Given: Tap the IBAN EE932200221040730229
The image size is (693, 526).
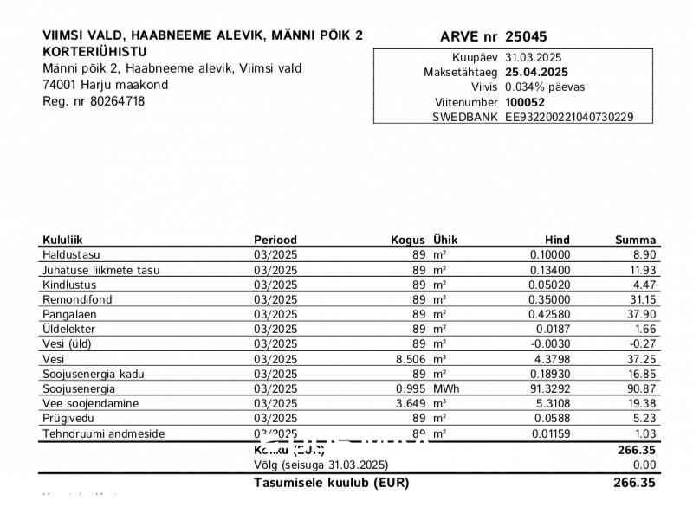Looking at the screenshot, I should coord(569,117).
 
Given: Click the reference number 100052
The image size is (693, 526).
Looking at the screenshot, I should coord(525,102).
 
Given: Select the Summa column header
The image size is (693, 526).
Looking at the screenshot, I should coord(635,240).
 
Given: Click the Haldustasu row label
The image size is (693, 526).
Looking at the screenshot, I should coord(71,255).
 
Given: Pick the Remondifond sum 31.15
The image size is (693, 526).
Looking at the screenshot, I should coord(642,299).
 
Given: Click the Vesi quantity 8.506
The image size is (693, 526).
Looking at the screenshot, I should coord(411,359).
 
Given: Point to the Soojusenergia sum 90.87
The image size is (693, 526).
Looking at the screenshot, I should coord(642,388).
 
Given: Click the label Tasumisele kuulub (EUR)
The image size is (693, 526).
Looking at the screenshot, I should coord(331,483).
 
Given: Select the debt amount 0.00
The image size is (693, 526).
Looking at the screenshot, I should coord(645,465).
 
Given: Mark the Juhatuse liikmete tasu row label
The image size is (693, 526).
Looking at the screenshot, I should coord(100,270).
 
